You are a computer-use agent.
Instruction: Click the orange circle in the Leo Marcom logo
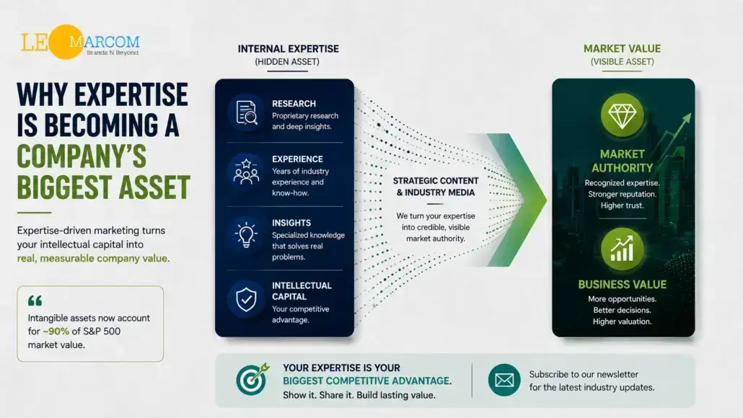click(66, 42)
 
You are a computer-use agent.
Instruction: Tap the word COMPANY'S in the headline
click(82, 156)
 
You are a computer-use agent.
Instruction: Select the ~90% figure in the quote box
click(56, 332)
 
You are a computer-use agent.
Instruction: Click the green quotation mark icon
click(35, 301)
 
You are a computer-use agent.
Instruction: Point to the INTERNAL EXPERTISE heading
click(288, 49)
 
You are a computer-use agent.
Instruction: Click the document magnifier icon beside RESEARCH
click(247, 112)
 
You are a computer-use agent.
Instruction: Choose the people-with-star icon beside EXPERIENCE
click(247, 172)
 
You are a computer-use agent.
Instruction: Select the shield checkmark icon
click(247, 299)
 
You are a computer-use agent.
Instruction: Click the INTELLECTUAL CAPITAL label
click(302, 291)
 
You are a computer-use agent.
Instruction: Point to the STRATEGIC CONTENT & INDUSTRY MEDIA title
click(436, 187)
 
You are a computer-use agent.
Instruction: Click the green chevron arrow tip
click(546, 200)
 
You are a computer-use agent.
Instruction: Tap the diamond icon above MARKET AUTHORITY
click(622, 115)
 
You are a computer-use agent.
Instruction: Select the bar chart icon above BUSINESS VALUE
click(622, 249)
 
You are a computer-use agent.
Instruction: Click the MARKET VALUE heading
click(622, 49)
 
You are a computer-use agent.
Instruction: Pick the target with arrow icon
click(252, 378)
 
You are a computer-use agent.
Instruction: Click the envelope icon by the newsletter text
click(504, 380)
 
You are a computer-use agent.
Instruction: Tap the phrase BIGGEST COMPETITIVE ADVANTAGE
click(366, 381)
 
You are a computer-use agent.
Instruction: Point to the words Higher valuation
click(622, 321)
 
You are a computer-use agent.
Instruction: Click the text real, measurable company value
click(93, 259)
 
